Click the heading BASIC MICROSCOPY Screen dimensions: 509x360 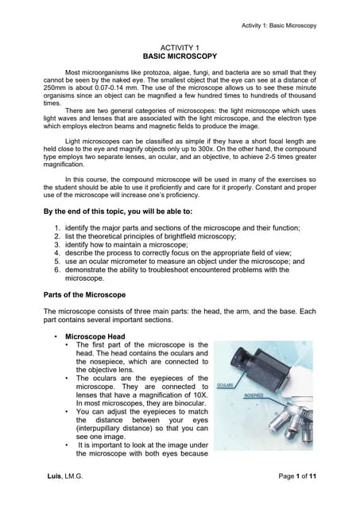click(x=179, y=58)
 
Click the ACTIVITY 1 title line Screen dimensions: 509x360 click(x=179, y=49)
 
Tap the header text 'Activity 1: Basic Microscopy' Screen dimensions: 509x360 click(x=279, y=25)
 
